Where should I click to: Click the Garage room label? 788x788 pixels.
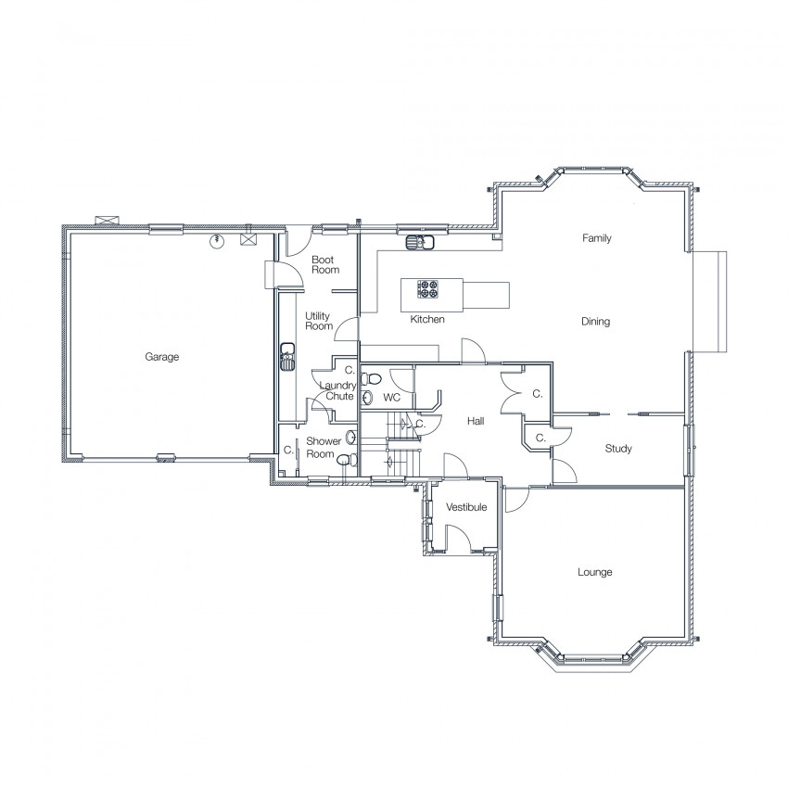pyautogui.click(x=162, y=357)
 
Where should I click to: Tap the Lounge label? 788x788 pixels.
pyautogui.click(x=594, y=572)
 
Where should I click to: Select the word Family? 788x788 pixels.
pyautogui.click(x=596, y=237)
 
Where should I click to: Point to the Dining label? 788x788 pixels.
pyautogui.click(x=595, y=321)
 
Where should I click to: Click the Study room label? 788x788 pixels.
pyautogui.click(x=618, y=449)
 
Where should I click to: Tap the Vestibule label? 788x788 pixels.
pyautogui.click(x=466, y=507)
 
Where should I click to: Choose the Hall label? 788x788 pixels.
pyautogui.click(x=476, y=421)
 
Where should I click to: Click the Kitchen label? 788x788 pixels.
pyautogui.click(x=427, y=319)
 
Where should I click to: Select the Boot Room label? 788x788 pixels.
pyautogui.click(x=325, y=265)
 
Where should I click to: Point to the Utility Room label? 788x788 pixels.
pyautogui.click(x=319, y=321)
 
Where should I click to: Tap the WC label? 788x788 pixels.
pyautogui.click(x=391, y=398)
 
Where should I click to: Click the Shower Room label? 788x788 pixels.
pyautogui.click(x=324, y=447)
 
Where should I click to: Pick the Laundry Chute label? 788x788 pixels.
pyautogui.click(x=338, y=390)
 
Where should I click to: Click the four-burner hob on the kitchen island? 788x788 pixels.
pyautogui.click(x=427, y=289)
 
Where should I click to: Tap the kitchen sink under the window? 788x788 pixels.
pyautogui.click(x=420, y=242)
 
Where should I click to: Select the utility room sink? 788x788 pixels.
pyautogui.click(x=287, y=356)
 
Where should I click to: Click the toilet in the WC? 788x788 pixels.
pyautogui.click(x=371, y=378)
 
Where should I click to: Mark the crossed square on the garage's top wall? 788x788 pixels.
pyautogui.click(x=248, y=238)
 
